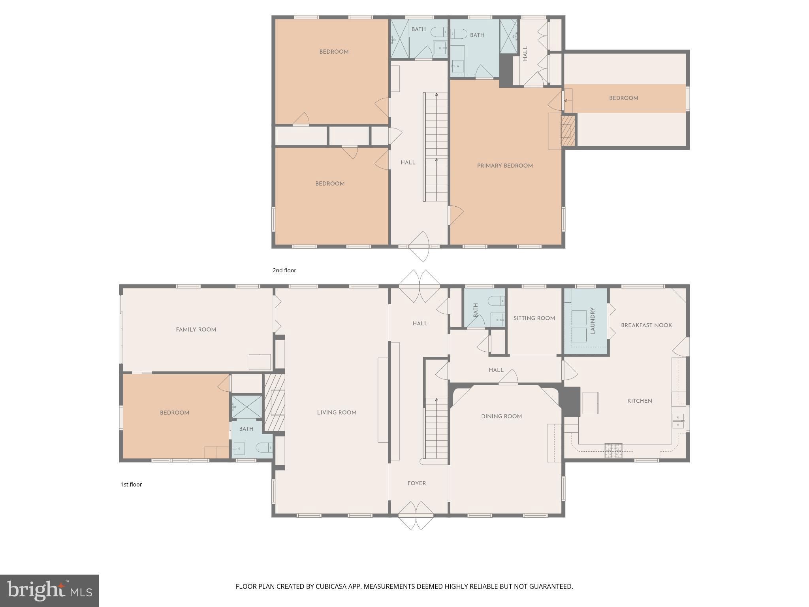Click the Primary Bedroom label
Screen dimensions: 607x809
click(505, 166)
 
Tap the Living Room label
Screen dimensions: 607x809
click(337, 412)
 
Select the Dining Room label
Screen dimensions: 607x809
click(501, 416)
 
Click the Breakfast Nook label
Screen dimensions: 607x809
click(646, 325)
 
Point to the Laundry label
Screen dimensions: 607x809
click(592, 321)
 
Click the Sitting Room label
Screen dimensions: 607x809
click(534, 318)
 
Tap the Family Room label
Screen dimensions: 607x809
click(196, 329)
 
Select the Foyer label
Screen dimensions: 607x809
click(417, 483)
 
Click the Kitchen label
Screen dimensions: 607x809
click(640, 401)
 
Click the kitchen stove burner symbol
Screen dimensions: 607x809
click(613, 451)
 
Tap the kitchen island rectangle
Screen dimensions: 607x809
click(590, 403)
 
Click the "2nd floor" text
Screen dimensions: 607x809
click(284, 270)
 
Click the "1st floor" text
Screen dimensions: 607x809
click(131, 484)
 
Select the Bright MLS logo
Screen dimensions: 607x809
click(49, 590)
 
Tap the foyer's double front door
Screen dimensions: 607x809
click(416, 515)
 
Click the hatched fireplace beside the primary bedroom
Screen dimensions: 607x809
click(568, 130)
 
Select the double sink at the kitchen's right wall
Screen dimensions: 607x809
click(678, 421)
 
